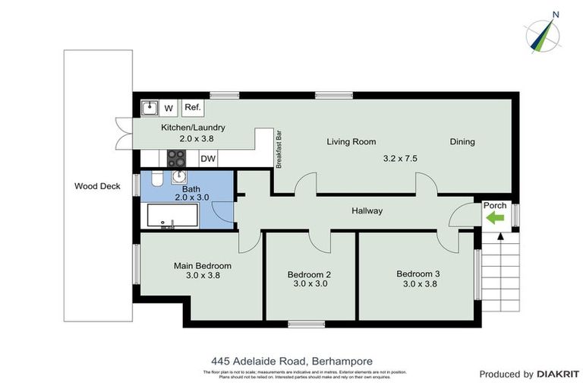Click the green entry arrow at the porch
495,218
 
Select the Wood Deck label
98,185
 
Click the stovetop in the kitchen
177,158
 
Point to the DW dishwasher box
208,159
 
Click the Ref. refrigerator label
192,108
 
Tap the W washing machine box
169,108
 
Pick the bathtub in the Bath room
172,216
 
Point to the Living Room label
351,141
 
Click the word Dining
462,141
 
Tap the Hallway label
367,210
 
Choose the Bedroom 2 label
309,274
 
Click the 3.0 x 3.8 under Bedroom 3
418,284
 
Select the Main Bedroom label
203,266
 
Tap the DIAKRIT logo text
558,374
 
